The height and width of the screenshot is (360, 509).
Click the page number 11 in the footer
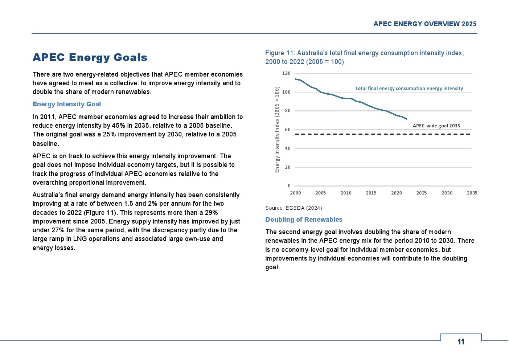461,341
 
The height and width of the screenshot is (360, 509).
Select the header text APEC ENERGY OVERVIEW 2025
424,24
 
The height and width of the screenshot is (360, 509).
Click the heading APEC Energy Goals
90,57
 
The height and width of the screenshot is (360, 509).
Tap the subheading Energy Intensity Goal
67,104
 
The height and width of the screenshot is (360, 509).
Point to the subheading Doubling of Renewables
304,220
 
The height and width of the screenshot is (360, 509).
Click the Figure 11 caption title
364,57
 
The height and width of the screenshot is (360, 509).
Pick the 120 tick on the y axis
286,73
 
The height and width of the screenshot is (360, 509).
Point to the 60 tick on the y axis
287,130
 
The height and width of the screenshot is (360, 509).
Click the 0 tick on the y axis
289,186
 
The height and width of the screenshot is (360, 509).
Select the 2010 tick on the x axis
346,193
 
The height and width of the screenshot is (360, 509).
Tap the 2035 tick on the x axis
472,193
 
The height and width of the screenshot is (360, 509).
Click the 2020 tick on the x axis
396,193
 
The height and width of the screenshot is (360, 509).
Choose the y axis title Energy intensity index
277,130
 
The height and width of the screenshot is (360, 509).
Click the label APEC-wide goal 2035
436,126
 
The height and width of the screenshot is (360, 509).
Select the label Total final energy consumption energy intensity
409,88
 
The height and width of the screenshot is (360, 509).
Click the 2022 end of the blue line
406,119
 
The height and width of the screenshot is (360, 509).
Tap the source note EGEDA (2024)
294,208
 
